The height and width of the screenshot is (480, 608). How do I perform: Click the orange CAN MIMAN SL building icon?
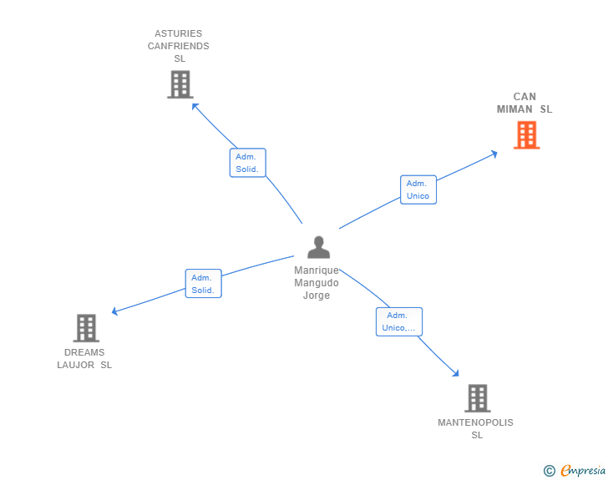click(x=526, y=134)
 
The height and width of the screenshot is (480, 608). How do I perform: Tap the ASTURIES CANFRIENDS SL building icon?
click(x=180, y=84)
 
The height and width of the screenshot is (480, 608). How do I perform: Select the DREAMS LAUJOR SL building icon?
click(x=86, y=328)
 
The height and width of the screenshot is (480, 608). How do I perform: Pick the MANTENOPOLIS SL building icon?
click(x=477, y=398)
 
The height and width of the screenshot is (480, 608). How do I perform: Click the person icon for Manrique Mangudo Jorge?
click(x=318, y=247)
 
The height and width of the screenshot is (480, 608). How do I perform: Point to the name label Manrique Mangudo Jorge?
click(x=317, y=283)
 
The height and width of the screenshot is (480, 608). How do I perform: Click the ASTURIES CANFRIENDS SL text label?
click(x=179, y=46)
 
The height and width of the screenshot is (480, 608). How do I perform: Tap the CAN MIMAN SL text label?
click(x=524, y=103)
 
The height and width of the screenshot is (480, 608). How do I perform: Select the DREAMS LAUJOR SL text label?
click(x=84, y=358)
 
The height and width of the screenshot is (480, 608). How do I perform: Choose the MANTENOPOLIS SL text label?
click(x=476, y=428)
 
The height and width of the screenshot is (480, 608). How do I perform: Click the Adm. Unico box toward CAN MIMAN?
click(x=418, y=189)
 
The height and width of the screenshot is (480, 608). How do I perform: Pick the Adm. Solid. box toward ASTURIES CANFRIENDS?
click(x=247, y=163)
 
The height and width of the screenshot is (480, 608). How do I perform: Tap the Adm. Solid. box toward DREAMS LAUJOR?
click(x=203, y=284)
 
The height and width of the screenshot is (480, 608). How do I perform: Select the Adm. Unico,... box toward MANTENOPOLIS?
click(x=398, y=321)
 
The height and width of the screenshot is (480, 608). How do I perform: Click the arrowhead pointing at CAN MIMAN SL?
click(x=494, y=153)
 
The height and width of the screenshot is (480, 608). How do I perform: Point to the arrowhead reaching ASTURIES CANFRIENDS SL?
click(x=195, y=105)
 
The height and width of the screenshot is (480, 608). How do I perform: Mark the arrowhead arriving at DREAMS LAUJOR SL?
click(x=115, y=312)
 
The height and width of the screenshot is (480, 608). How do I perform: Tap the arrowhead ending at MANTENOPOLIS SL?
click(x=456, y=374)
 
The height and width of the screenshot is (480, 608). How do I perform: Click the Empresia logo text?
click(x=584, y=471)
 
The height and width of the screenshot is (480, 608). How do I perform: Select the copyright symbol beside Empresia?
click(x=549, y=471)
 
